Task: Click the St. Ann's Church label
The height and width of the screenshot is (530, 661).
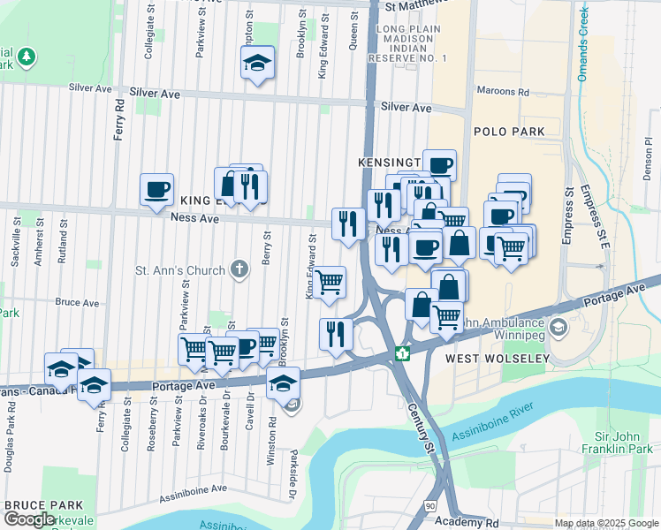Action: tap(179, 269)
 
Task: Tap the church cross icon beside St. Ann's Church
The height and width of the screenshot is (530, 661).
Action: tap(238, 269)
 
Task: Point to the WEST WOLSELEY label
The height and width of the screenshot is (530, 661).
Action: tap(497, 359)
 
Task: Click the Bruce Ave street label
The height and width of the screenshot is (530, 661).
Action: tap(77, 302)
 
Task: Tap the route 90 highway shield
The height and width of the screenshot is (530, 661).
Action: tap(429, 505)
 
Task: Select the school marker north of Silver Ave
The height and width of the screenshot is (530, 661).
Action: tap(257, 63)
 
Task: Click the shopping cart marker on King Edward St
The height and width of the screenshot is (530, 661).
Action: tap(330, 283)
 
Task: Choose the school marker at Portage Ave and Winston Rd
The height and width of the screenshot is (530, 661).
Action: tap(284, 383)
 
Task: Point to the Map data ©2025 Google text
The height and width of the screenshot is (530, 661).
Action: tap(605, 523)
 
